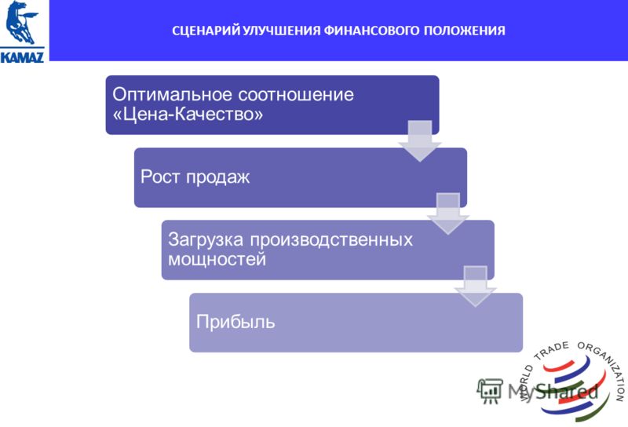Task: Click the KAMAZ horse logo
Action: (21, 23)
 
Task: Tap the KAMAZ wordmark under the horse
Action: (23, 56)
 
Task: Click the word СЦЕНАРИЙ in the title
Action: (206, 31)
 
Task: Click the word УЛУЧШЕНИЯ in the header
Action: (282, 31)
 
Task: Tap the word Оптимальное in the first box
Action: (172, 95)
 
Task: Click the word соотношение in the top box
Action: (296, 95)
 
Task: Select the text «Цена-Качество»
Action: (188, 115)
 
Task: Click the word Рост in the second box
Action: (160, 177)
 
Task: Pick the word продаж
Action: (218, 177)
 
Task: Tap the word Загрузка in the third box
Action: (206, 240)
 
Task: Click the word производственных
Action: (331, 239)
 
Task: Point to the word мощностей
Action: (217, 259)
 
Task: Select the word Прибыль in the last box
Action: (235, 322)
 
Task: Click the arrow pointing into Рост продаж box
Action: (420, 141)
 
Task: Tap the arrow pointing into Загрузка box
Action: (448, 213)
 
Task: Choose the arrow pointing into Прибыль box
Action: (476, 286)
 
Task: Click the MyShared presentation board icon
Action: (490, 391)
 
